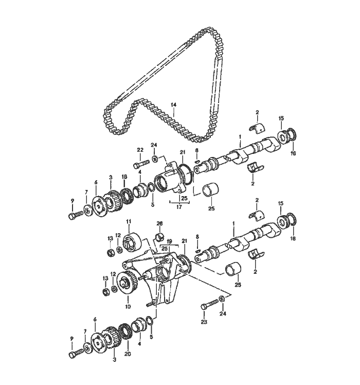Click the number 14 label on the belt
click(173, 105)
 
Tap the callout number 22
click(140, 150)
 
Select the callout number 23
click(204, 322)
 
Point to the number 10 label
click(128, 306)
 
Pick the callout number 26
click(160, 223)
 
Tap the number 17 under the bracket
click(179, 207)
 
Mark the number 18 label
click(124, 177)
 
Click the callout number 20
click(128, 354)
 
